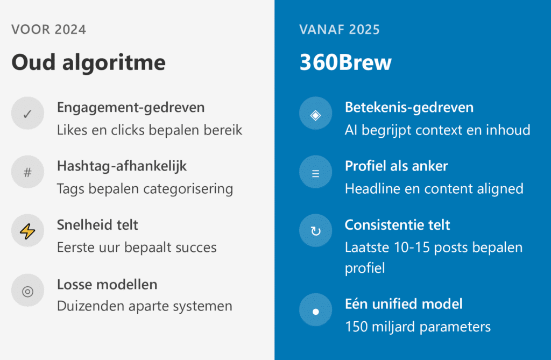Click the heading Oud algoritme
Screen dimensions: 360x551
coord(89,63)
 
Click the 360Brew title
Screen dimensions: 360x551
coord(345,63)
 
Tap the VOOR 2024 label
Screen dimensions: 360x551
coord(48,29)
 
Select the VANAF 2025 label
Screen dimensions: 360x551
coord(340,29)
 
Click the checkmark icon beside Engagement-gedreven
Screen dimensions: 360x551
coord(27,113)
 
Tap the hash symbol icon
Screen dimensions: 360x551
coord(27,172)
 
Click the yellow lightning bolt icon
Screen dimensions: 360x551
coord(27,231)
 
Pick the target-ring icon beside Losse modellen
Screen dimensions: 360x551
coord(27,291)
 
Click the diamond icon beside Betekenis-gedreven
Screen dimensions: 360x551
coord(316,113)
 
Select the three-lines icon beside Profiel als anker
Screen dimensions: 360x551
coord(316,172)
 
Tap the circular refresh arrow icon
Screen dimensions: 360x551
coord(316,231)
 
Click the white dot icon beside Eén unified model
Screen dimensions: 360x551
coord(316,310)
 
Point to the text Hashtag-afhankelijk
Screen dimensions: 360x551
coord(122,166)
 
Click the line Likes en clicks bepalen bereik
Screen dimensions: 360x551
coord(150,130)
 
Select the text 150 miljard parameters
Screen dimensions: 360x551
coord(418,327)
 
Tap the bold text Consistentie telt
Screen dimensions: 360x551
coord(397,225)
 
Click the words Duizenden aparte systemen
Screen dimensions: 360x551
coord(144,306)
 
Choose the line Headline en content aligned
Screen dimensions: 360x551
coord(434,189)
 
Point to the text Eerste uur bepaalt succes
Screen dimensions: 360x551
coord(137,248)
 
